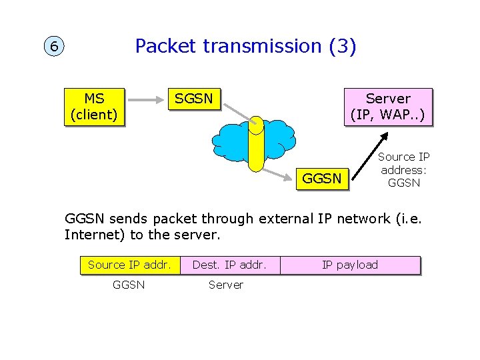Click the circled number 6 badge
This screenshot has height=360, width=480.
[x=53, y=47]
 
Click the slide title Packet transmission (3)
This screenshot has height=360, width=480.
[x=245, y=46]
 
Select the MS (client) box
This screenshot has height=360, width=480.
[x=94, y=107]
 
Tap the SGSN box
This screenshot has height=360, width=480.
[x=193, y=99]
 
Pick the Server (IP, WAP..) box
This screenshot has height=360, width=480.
[x=388, y=107]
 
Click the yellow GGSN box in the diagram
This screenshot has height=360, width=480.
[x=322, y=178]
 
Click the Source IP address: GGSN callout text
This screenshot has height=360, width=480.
[x=403, y=169]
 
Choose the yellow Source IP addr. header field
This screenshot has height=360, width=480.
[x=129, y=265]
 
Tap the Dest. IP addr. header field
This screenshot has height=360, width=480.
[x=229, y=265]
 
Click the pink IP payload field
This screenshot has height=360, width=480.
[x=350, y=265]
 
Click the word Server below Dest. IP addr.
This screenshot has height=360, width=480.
[x=226, y=285]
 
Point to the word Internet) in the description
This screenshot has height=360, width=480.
[x=90, y=235]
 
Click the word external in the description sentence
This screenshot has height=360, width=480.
[x=283, y=218]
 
